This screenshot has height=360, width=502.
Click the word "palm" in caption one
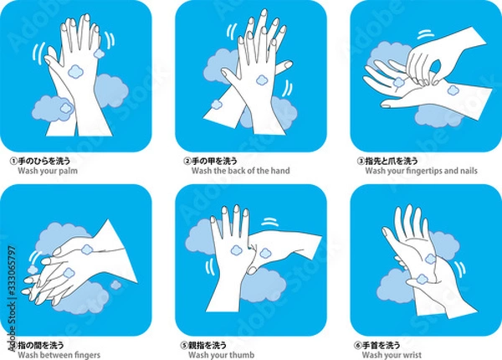point(68,171)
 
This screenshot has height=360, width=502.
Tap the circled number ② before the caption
point(187,161)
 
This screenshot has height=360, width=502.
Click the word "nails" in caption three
point(469,171)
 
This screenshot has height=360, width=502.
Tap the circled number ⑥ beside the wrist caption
point(357,346)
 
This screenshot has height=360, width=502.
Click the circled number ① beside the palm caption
point(13,161)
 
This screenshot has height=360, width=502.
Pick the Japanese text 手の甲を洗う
point(214,161)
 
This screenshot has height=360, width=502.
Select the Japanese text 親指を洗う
point(207,345)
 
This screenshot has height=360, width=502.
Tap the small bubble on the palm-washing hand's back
point(76,71)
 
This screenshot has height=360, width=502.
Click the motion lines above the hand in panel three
point(426,34)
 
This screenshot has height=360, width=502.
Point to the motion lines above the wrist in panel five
point(270,222)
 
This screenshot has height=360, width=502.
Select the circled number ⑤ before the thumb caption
point(184,346)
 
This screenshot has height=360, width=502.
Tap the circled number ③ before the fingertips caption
point(361,161)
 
